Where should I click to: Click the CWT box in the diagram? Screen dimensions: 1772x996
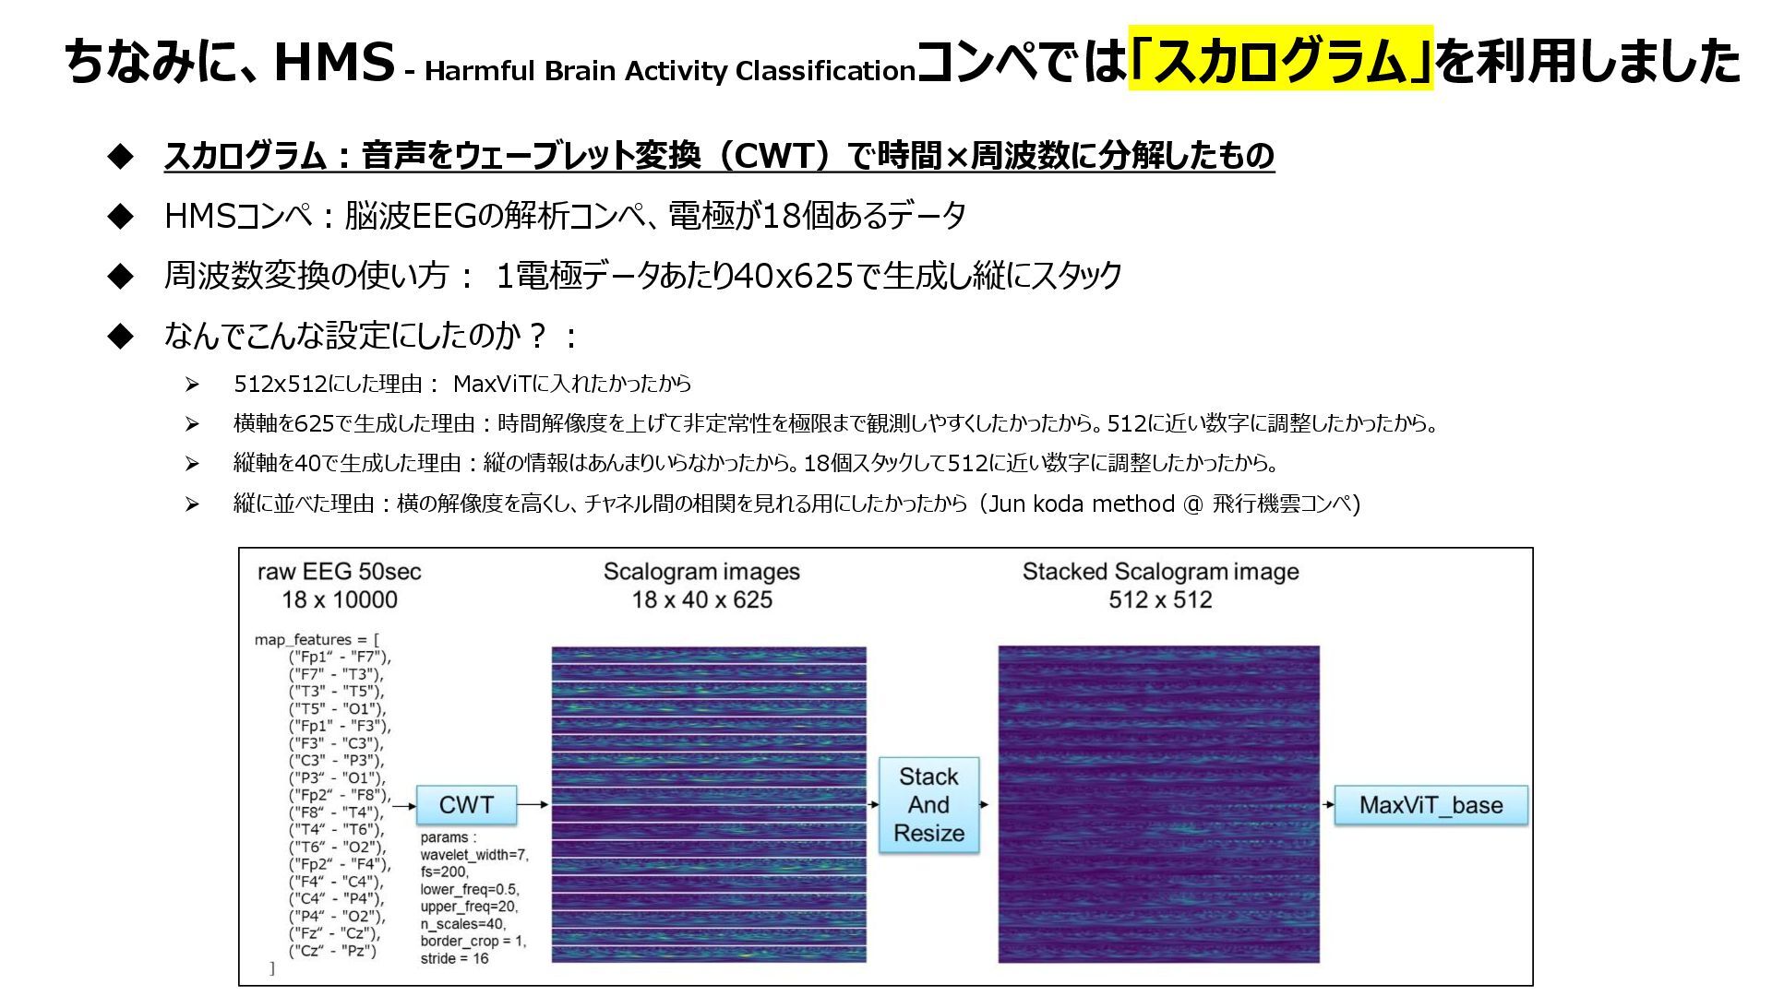(x=466, y=805)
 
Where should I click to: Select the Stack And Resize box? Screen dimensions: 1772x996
(x=928, y=805)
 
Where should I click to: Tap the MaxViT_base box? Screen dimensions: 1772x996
(x=1431, y=805)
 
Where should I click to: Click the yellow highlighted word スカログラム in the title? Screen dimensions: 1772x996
(x=1281, y=61)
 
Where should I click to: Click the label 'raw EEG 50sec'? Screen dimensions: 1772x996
(x=339, y=572)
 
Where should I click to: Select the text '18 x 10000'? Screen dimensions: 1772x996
(x=339, y=599)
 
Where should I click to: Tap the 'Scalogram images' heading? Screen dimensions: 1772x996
(x=701, y=572)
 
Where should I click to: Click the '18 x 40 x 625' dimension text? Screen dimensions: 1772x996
(x=701, y=599)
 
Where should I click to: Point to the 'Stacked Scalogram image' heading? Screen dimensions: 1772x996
(x=1160, y=572)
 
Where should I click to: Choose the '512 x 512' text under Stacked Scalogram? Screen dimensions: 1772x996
(x=1160, y=599)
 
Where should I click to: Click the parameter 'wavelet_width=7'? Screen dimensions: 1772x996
(x=474, y=855)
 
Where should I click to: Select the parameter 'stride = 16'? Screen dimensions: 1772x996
(x=454, y=958)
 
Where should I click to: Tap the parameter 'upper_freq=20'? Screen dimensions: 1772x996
(x=468, y=907)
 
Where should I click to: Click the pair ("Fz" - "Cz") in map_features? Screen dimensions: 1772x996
(x=334, y=933)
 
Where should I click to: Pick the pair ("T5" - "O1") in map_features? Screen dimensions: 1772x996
(x=337, y=708)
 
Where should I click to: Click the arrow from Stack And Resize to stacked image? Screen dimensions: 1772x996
(x=985, y=805)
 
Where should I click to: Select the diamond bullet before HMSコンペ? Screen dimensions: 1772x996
(x=121, y=217)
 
